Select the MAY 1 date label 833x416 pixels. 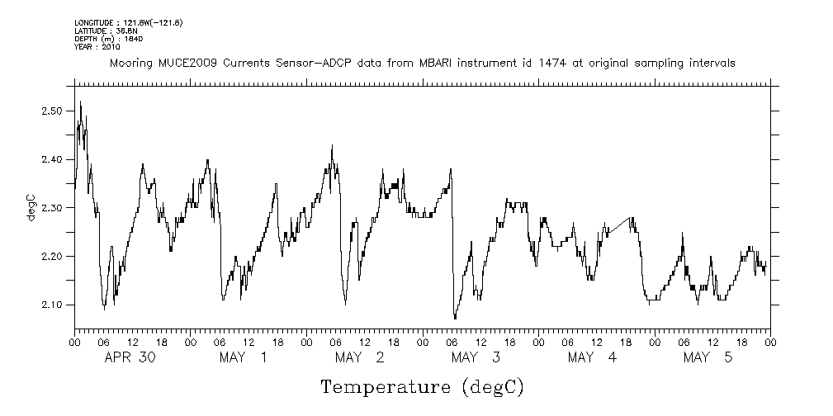pyautogui.click(x=243, y=357)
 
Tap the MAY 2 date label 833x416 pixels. pyautogui.click(x=359, y=357)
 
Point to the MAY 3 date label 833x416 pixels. pyautogui.click(x=476, y=357)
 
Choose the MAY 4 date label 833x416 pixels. pyautogui.click(x=592, y=357)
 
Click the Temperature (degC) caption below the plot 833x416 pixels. pyautogui.click(x=422, y=387)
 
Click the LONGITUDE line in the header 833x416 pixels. pyautogui.click(x=128, y=22)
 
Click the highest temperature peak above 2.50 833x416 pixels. pyautogui.click(x=80, y=102)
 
